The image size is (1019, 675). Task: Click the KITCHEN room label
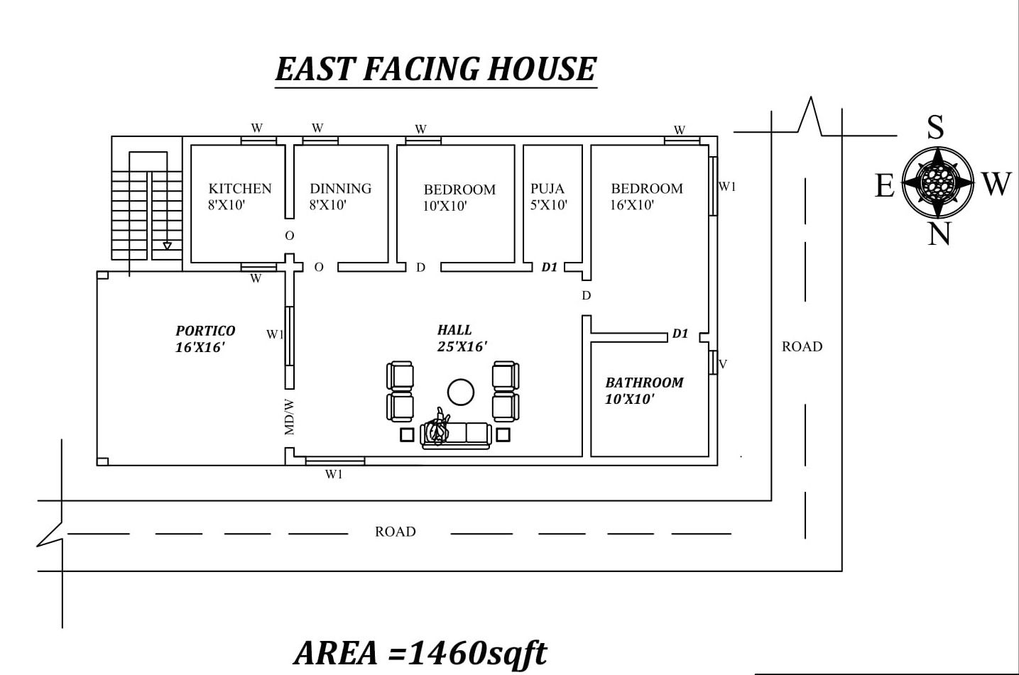pyautogui.click(x=240, y=188)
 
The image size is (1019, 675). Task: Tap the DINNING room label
pyautogui.click(x=340, y=188)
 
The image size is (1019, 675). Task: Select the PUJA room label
pyautogui.click(x=547, y=188)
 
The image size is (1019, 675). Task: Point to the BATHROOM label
pyautogui.click(x=644, y=383)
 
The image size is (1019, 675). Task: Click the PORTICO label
pyautogui.click(x=206, y=331)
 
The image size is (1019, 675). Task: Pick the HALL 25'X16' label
pyautogui.click(x=462, y=338)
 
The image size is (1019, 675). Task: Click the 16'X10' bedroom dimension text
pyautogui.click(x=632, y=205)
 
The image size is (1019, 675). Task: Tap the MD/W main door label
pyautogui.click(x=289, y=417)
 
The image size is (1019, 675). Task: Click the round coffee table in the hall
pyautogui.click(x=461, y=392)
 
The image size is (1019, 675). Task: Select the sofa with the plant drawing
pyautogui.click(x=455, y=435)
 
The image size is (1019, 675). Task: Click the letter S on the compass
pyautogui.click(x=935, y=127)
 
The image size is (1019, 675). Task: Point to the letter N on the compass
pyautogui.click(x=939, y=234)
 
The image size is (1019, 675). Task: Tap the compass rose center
pyautogui.click(x=938, y=182)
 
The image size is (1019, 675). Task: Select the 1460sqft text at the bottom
pyautogui.click(x=476, y=653)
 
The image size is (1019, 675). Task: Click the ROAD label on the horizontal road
pyautogui.click(x=395, y=532)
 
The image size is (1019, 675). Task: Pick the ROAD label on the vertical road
pyautogui.click(x=802, y=346)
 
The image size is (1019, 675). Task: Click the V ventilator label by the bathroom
pyautogui.click(x=723, y=364)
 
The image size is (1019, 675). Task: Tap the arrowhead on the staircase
pyautogui.click(x=168, y=246)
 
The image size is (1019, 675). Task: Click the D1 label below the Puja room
pyautogui.click(x=550, y=268)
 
